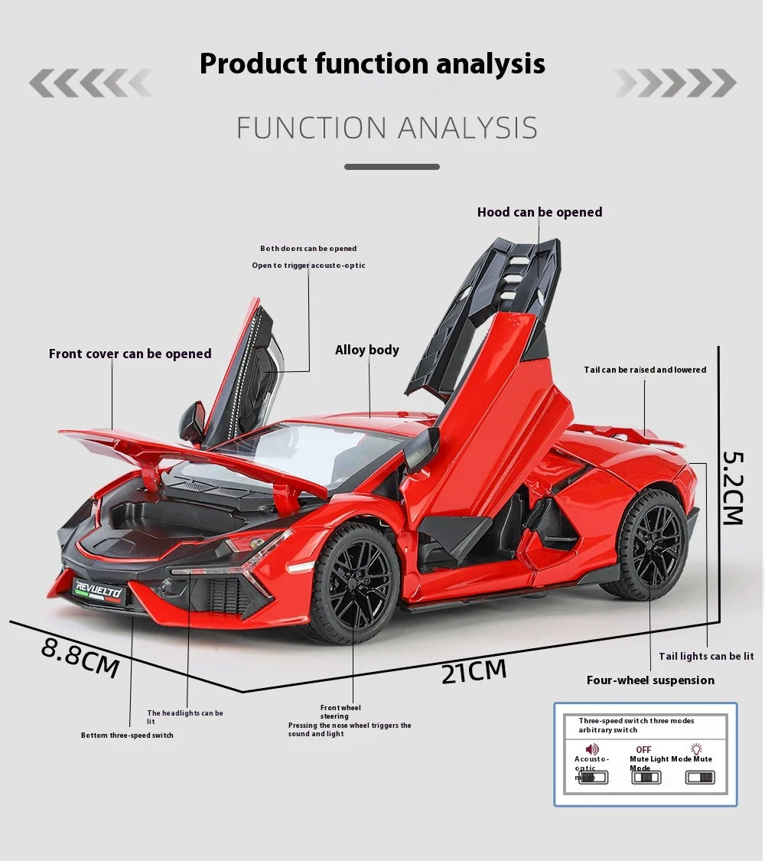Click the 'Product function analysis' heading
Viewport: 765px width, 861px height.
[x=372, y=64]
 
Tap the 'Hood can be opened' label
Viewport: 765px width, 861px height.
[x=539, y=212]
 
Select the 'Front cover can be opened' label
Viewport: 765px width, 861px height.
[x=130, y=354]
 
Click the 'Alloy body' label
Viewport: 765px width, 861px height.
[x=367, y=350]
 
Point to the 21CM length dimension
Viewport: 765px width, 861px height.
[x=474, y=671]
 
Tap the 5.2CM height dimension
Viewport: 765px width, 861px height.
[x=734, y=487]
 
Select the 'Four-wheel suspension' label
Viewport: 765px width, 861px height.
[x=649, y=680]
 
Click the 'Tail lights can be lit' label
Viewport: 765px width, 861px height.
[x=706, y=656]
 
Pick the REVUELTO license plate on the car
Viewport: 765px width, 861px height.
[x=98, y=589]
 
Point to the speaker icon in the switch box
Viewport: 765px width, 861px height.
[x=591, y=749]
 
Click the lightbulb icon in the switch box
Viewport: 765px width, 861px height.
[x=696, y=749]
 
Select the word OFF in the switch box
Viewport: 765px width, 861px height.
[x=643, y=750]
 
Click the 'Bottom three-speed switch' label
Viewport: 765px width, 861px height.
[x=127, y=735]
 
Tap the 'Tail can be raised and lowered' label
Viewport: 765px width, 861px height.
[x=645, y=370]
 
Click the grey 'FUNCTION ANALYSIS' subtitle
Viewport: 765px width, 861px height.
[x=386, y=128]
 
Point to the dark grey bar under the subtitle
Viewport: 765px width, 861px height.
[x=392, y=166]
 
